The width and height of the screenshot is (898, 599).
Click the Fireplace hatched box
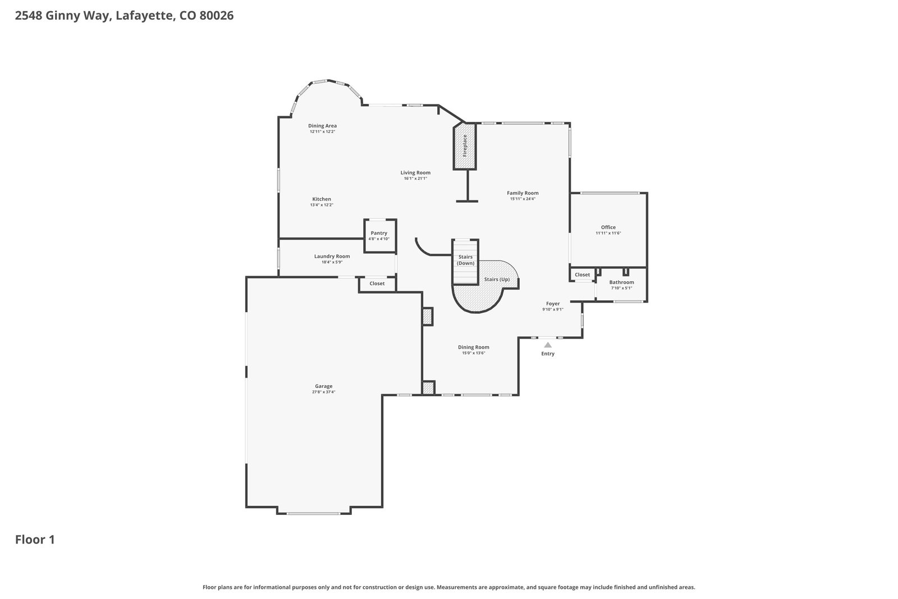point(465,146)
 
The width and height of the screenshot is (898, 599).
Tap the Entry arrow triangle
point(548,345)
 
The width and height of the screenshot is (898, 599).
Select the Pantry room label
point(379,233)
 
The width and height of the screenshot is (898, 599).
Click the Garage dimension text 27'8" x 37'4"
point(323,392)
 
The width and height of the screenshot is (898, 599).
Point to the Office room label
point(608,227)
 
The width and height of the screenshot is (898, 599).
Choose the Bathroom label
point(621,282)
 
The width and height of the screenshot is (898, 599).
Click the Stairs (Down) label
point(465,260)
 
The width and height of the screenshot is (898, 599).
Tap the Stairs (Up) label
point(497,280)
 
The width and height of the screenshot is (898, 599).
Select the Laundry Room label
point(332,256)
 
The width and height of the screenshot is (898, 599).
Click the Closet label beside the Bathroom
point(582,275)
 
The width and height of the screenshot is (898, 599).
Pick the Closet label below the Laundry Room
point(377,284)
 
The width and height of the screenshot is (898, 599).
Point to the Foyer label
point(553,304)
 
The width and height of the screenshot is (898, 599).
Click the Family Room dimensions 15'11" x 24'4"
point(523,199)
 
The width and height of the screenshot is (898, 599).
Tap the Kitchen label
point(322,199)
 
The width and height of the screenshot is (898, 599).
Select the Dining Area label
point(322,126)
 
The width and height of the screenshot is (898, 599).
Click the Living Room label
point(415,173)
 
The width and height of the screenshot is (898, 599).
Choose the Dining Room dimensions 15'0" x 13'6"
point(474,353)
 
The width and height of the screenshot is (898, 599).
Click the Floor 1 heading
point(35,539)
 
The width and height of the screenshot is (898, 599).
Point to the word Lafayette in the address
point(145,16)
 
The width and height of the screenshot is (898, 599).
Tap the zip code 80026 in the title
point(217,16)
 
